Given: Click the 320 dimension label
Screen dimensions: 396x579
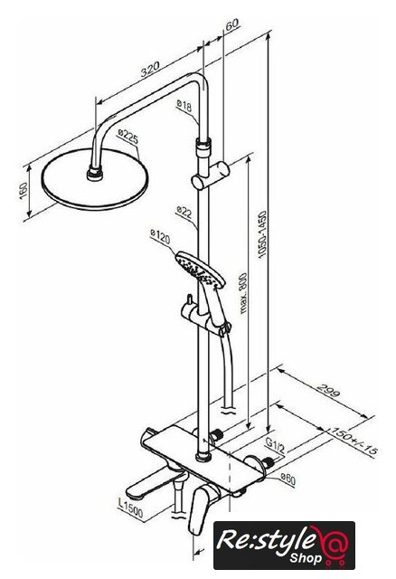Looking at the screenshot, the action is (x=150, y=69).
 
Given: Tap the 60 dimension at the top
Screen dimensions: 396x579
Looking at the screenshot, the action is (x=232, y=24).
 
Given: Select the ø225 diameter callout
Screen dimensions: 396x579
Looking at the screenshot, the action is (x=128, y=137).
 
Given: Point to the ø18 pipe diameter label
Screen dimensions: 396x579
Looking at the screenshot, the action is (x=184, y=107).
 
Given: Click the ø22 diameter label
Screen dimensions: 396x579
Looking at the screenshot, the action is (x=184, y=212).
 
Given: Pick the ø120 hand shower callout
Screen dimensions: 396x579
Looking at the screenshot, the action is (x=161, y=237).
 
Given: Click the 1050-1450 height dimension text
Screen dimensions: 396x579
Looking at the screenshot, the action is (x=262, y=234).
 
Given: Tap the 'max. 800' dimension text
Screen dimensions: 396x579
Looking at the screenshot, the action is (x=243, y=293).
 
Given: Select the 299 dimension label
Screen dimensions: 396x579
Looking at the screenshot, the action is (x=328, y=390).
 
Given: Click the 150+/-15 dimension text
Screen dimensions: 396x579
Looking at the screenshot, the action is (x=354, y=441).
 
